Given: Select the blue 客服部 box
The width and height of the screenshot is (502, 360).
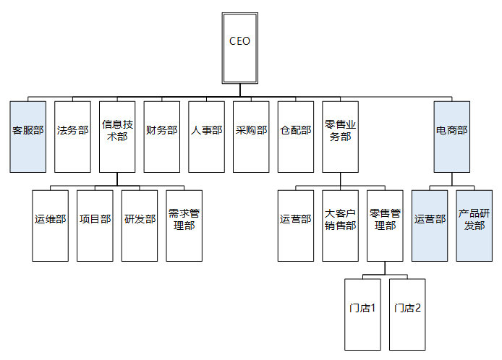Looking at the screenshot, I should point(28,136).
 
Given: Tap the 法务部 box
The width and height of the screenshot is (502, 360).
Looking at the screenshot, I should point(72,136).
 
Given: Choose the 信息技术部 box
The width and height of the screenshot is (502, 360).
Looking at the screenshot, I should point(117,136).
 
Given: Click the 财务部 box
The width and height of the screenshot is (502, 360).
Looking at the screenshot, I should point(161,136).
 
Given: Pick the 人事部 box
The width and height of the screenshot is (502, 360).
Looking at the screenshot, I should point(206,136).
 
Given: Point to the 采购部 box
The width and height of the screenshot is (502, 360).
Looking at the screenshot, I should point(251,136).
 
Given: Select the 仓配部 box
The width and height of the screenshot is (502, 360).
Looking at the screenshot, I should point(295,136).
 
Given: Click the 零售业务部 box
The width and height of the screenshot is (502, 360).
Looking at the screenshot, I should point(340,136).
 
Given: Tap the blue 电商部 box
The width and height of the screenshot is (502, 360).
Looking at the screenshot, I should point(451,136).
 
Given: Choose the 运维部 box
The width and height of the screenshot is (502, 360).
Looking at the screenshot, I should point(51,225).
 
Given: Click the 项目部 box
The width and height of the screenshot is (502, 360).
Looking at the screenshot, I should point(95,225).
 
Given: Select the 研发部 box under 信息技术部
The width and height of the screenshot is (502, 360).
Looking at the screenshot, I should point(140,225).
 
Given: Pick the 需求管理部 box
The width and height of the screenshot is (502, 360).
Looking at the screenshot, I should point(184,225).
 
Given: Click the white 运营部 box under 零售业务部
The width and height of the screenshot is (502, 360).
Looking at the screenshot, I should point(295,225).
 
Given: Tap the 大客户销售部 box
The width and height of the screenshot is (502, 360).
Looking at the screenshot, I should point(340,225).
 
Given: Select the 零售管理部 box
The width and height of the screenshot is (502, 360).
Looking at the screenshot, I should point(384,225).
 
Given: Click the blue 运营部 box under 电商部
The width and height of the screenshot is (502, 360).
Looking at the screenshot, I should point(429,225).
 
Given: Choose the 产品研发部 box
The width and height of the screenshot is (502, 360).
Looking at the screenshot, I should point(474,225).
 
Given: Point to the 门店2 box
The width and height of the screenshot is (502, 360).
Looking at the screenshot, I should point(407,313).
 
